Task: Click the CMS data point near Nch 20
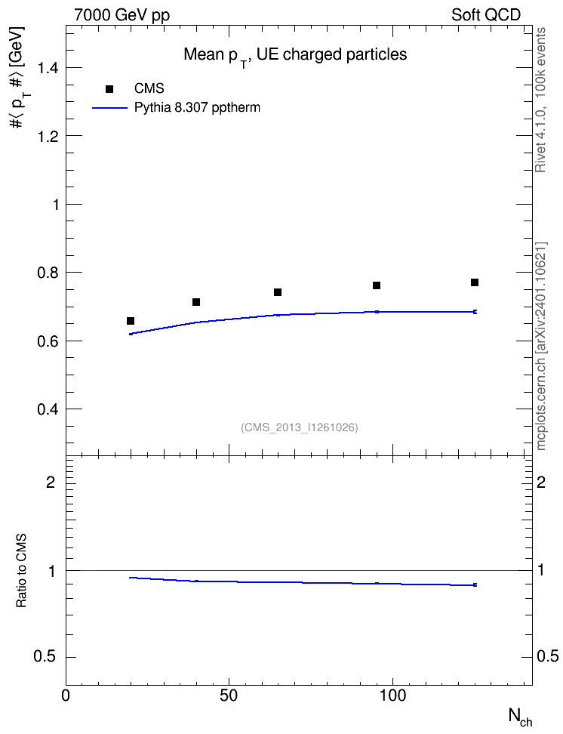click(x=131, y=321)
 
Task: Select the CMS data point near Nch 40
click(x=196, y=302)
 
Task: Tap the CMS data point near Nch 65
click(x=278, y=292)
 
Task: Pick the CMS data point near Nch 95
click(x=377, y=285)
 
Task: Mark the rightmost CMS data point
click(x=475, y=282)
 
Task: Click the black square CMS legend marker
click(x=109, y=89)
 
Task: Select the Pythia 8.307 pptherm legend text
click(x=197, y=108)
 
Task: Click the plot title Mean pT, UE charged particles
click(x=295, y=56)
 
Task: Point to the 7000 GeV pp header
click(x=122, y=15)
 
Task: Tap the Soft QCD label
click(x=486, y=15)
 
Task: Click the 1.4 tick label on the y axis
click(x=48, y=68)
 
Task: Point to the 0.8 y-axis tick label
click(x=48, y=273)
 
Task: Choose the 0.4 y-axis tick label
click(x=48, y=409)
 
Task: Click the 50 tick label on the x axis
click(x=229, y=696)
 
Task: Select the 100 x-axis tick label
click(x=392, y=696)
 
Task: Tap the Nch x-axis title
click(x=521, y=717)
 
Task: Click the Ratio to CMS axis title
click(x=21, y=571)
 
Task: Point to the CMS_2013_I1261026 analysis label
click(x=300, y=427)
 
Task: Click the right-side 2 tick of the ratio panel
click(x=541, y=482)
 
